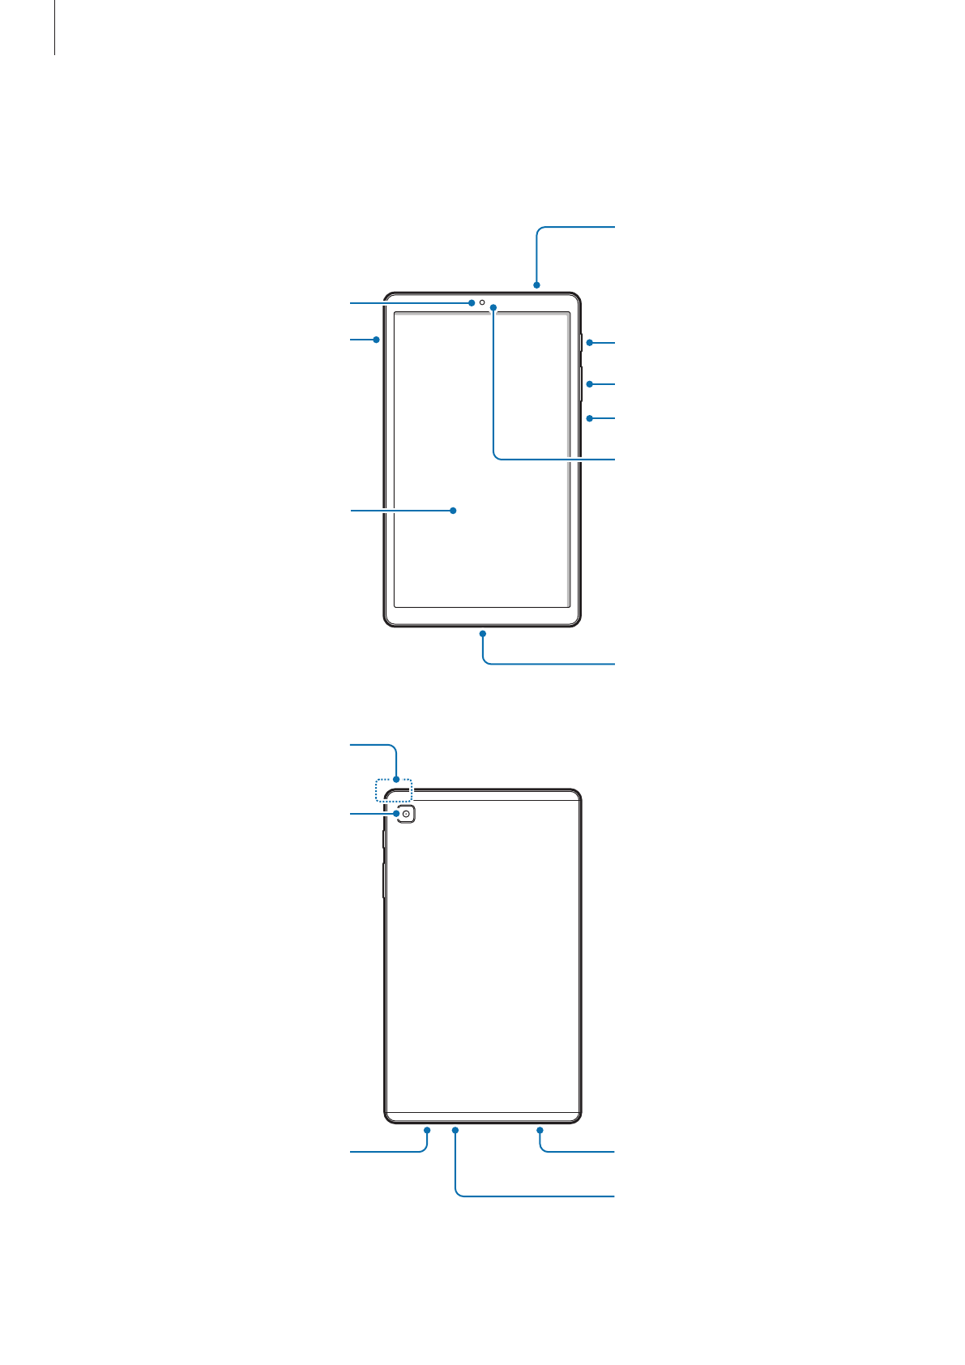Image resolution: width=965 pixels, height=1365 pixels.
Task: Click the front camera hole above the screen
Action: (482, 302)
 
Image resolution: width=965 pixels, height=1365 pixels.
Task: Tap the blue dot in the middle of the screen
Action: (454, 511)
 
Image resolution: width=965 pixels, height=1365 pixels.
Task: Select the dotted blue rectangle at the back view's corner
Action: (394, 790)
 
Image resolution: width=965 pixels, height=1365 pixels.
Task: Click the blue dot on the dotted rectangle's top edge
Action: (396, 780)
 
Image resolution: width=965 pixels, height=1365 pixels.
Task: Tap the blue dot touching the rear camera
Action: (395, 813)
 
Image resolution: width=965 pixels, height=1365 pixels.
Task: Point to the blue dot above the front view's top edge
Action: (536, 285)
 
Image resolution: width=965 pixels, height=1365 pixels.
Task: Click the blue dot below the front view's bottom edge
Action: (482, 633)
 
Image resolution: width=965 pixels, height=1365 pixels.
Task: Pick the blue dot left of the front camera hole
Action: (471, 302)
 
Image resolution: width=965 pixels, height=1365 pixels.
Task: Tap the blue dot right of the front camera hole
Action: (493, 307)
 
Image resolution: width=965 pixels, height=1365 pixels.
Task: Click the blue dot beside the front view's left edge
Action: (377, 340)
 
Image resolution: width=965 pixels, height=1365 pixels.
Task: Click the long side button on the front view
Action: (582, 383)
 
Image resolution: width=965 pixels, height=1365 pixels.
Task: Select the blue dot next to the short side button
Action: (589, 343)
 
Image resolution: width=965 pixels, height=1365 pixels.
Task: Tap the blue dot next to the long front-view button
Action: (589, 383)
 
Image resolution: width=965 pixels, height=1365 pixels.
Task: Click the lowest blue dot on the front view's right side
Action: (589, 418)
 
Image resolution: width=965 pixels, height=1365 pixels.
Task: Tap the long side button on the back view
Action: (383, 880)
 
